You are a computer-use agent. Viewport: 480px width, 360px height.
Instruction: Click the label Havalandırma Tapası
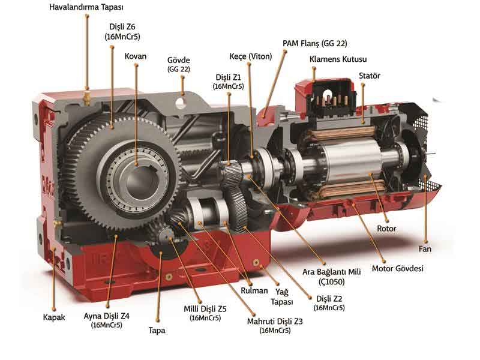pos(86,7)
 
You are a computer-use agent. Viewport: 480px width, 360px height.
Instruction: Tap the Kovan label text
pos(136,56)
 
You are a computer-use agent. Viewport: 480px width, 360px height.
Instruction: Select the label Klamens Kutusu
pos(338,59)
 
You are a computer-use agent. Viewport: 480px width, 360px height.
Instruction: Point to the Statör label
pos(369,76)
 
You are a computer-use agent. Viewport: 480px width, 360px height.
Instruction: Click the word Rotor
pos(386,229)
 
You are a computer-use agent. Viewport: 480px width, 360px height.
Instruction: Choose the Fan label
pos(425,249)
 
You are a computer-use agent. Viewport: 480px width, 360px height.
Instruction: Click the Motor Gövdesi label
pos(397,268)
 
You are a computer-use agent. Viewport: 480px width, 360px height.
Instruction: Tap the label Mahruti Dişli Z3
pos(275,322)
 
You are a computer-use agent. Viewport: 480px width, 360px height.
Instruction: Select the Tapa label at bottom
pos(157,331)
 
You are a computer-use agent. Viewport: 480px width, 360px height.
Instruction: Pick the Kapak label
pos(54,317)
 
